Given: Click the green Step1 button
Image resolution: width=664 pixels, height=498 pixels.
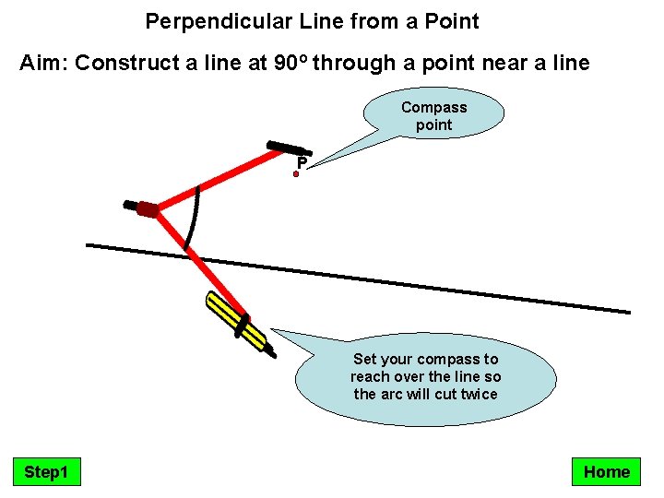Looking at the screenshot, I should click(x=46, y=472).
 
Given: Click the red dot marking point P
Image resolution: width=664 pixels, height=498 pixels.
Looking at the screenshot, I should click(x=297, y=172).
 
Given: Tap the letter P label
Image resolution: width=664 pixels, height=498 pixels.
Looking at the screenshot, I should click(x=302, y=164).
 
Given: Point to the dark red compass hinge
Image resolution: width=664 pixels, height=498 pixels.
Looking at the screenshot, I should click(x=147, y=208).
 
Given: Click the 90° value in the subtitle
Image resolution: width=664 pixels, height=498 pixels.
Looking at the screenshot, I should click(x=292, y=64).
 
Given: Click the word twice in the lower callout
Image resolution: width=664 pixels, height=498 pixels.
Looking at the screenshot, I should click(x=479, y=394).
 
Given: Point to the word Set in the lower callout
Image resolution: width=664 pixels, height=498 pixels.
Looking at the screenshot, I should click(x=366, y=359).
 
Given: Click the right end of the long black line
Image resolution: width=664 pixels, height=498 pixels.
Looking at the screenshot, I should click(x=628, y=312).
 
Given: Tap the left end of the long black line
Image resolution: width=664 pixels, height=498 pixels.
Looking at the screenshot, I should click(x=89, y=245).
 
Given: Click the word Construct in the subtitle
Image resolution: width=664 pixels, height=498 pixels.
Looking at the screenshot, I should click(x=122, y=64).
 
